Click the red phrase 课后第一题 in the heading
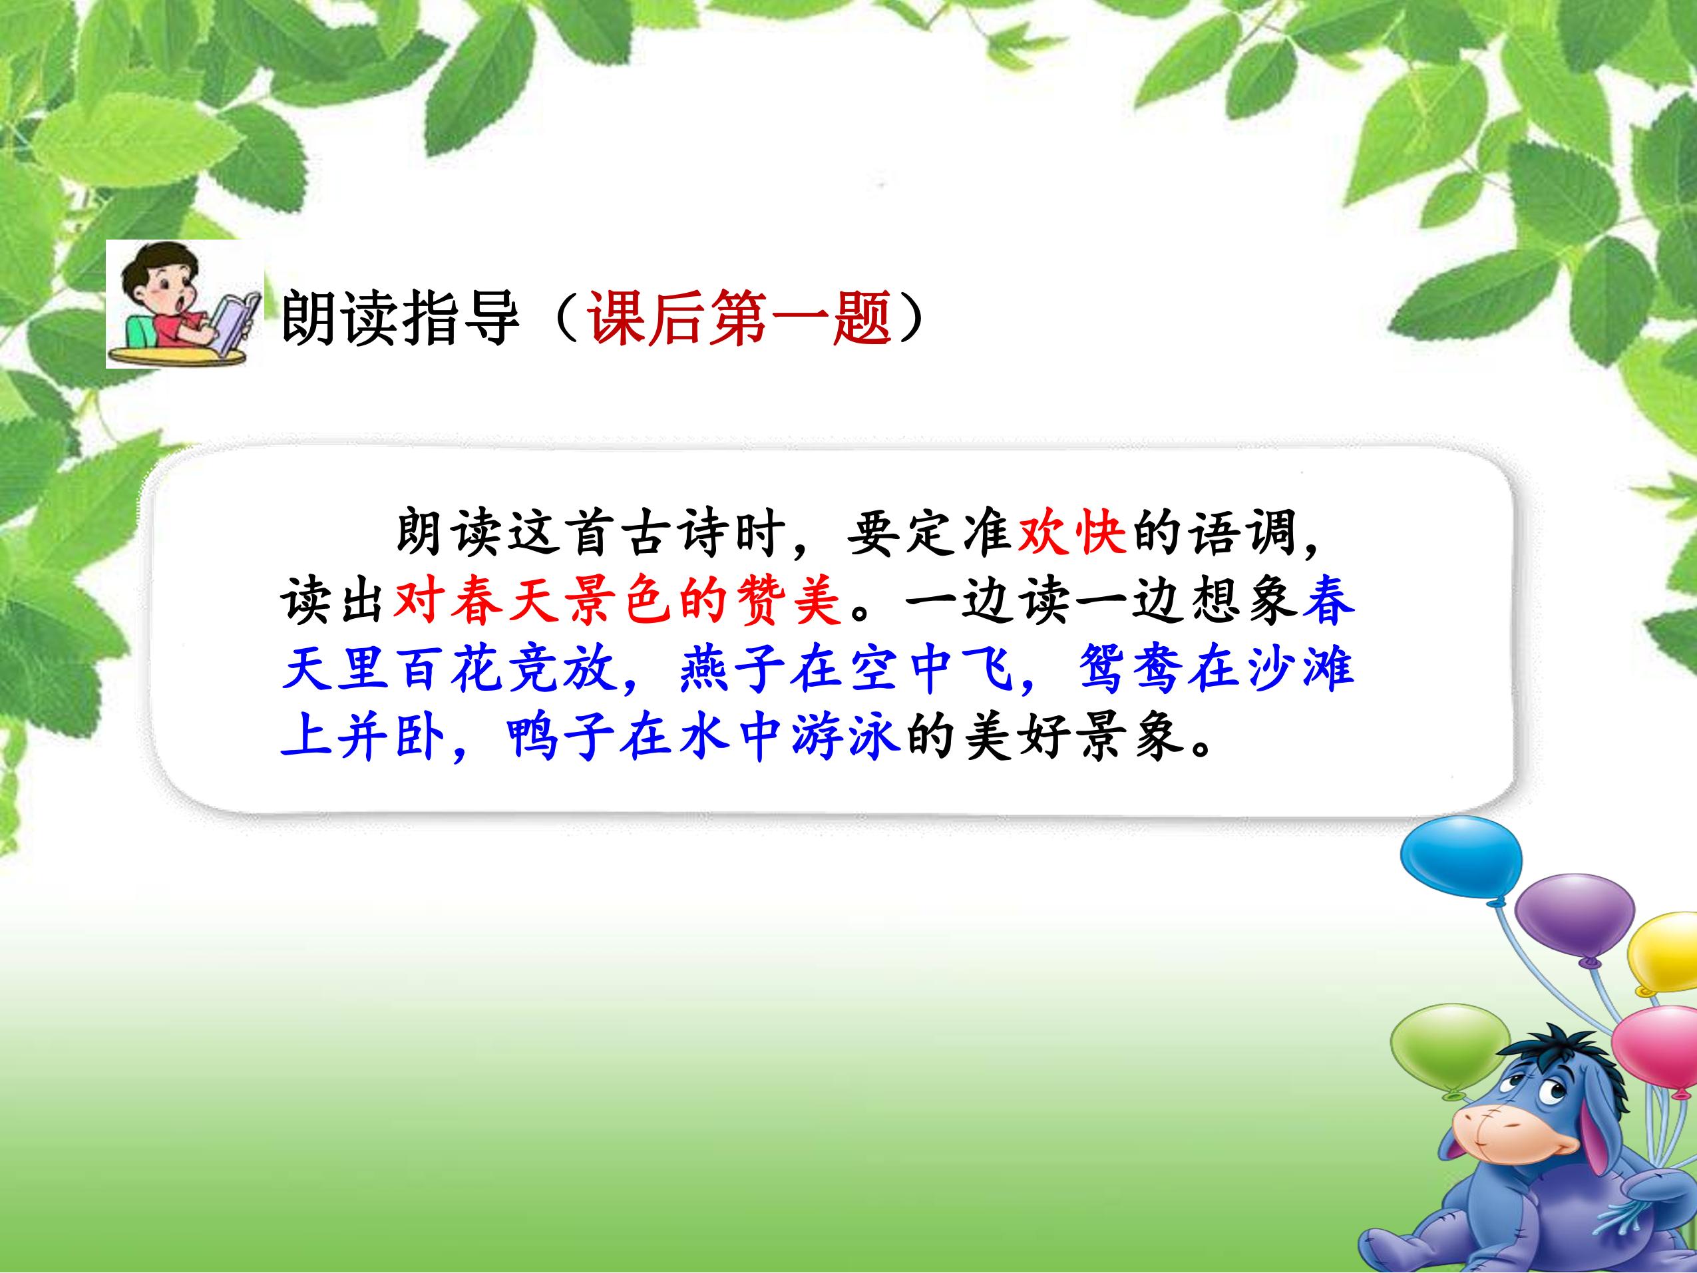(x=739, y=317)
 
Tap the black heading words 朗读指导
(x=401, y=317)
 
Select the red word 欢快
(x=1071, y=532)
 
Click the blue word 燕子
(x=732, y=668)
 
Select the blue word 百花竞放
(x=506, y=668)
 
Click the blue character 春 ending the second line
(x=1328, y=600)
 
